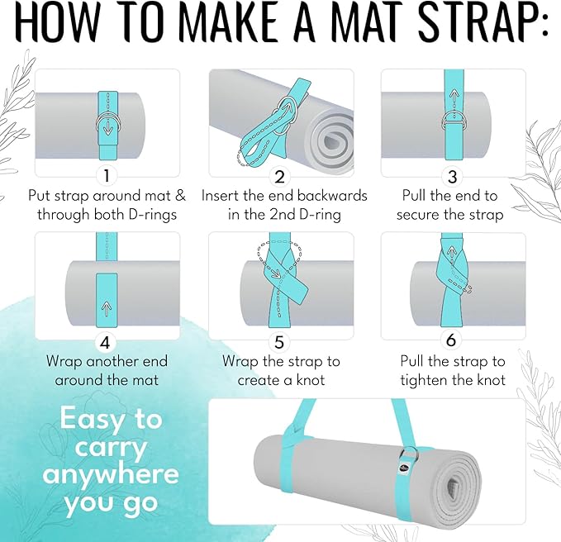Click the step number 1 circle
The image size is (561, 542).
(x=107, y=176)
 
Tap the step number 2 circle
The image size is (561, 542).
(x=279, y=177)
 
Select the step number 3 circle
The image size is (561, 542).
(x=452, y=177)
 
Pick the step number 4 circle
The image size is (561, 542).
(x=105, y=343)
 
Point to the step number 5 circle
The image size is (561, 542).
(x=279, y=343)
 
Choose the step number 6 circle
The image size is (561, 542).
(x=451, y=340)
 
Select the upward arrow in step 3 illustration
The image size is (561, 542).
(x=454, y=97)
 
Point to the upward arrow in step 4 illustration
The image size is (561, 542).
(x=106, y=308)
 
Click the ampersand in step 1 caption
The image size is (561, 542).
(x=180, y=196)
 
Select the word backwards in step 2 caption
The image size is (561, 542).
(x=331, y=196)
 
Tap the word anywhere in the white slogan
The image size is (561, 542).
(x=110, y=474)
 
